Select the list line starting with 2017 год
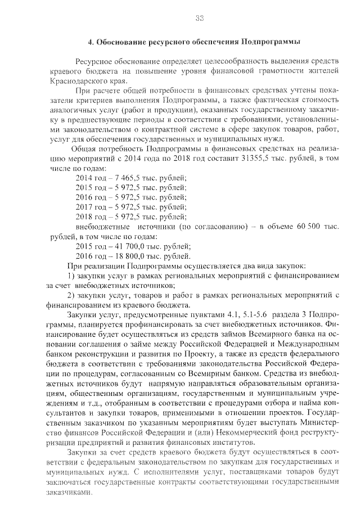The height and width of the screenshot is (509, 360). tap(130, 206)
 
